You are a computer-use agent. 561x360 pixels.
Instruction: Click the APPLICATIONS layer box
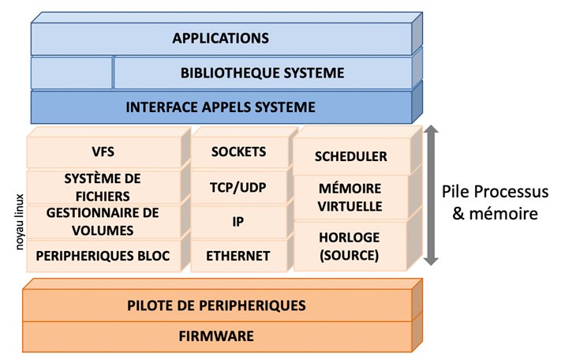click(x=221, y=38)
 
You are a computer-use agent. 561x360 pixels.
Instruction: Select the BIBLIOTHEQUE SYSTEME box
click(x=262, y=73)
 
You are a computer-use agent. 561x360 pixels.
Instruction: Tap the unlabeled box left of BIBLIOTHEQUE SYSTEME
click(x=71, y=73)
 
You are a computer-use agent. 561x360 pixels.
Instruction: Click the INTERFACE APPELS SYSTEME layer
click(x=221, y=107)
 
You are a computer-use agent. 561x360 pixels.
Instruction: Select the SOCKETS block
click(x=239, y=152)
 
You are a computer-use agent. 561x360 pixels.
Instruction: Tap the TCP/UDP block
click(x=239, y=187)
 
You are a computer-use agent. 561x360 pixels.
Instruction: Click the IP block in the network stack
click(x=239, y=222)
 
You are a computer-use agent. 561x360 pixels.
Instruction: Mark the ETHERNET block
click(x=239, y=256)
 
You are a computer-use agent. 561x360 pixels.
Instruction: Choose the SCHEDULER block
click(x=351, y=156)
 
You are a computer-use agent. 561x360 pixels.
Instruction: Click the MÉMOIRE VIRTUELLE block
click(x=351, y=197)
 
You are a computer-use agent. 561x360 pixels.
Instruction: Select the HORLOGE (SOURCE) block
click(x=351, y=246)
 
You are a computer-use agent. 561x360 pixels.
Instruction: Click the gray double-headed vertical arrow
click(x=431, y=194)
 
